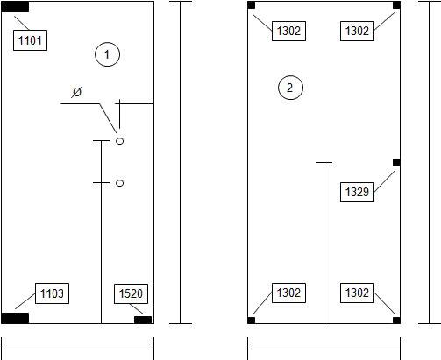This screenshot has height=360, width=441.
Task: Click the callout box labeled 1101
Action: tap(30, 40)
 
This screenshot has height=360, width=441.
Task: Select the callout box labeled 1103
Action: tap(52, 293)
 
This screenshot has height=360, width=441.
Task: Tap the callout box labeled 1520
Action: tap(131, 293)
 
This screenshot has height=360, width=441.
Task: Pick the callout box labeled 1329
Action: tap(357, 192)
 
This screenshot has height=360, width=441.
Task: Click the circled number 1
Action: tap(107, 54)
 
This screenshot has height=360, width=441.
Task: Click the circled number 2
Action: tap(290, 88)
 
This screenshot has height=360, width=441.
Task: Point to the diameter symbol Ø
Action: tap(77, 92)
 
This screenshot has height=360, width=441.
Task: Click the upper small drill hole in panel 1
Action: tap(119, 141)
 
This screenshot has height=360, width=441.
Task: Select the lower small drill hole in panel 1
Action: tap(119, 183)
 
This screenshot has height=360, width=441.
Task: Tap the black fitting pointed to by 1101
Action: tap(15, 7)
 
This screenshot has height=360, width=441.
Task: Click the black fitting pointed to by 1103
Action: tap(15, 318)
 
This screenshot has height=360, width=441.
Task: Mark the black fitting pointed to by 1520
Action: tap(143, 320)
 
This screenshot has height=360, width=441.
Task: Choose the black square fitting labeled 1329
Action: tap(396, 162)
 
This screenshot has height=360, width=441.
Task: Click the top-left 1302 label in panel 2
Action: tap(288, 31)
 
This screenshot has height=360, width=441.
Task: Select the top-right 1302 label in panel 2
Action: tap(357, 31)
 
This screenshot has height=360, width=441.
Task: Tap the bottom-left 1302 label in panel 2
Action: tap(288, 293)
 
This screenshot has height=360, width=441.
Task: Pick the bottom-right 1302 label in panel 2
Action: tap(357, 293)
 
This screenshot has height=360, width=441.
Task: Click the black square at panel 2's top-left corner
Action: tap(252, 5)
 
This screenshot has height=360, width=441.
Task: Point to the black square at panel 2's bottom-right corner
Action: tap(396, 321)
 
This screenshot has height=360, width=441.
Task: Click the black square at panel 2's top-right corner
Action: tap(396, 5)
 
